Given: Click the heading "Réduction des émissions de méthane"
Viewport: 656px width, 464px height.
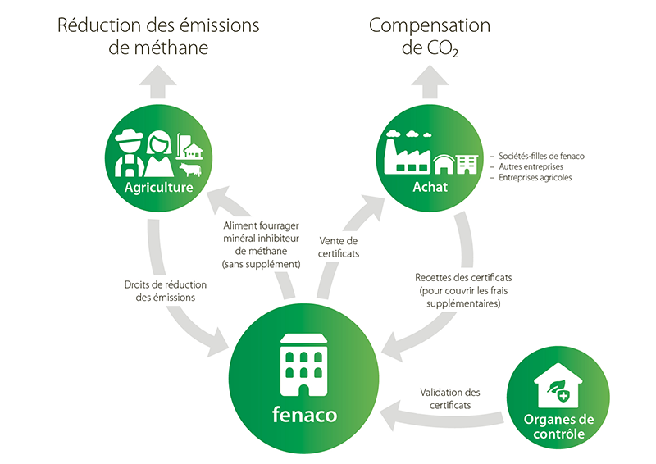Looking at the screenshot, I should click(157, 36).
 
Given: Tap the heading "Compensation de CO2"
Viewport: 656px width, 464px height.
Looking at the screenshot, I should click(429, 36).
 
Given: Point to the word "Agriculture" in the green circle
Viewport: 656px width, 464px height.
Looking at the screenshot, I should click(158, 188).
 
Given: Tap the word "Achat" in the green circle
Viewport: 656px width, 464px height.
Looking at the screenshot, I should click(430, 188).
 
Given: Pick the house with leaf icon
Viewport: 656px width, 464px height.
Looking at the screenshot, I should click(558, 384).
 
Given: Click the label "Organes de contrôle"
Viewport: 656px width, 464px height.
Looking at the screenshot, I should click(558, 426).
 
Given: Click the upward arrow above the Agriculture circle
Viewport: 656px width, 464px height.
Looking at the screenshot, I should click(158, 79).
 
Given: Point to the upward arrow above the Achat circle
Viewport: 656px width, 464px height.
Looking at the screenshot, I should click(429, 79).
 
